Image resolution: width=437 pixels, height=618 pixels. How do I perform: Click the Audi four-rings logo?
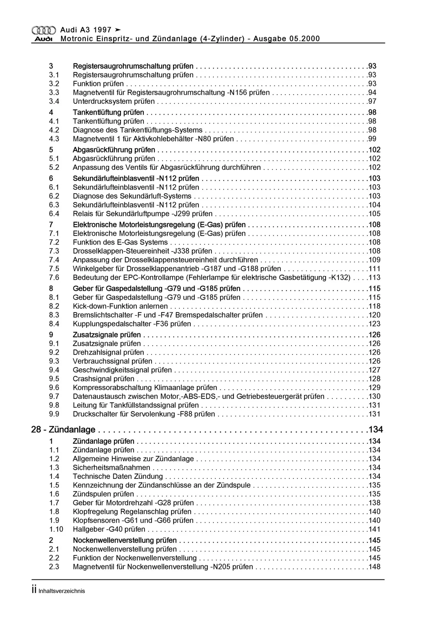tap(43, 30)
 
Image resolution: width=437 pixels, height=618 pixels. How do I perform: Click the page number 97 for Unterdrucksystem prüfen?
tap(372, 101)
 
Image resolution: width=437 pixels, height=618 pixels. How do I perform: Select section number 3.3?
tap(54, 93)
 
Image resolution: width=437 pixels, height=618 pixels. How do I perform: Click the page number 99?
tap(372, 139)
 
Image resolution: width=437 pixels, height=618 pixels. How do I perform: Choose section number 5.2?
tap(54, 168)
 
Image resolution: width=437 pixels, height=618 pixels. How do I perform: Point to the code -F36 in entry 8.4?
tap(161, 324)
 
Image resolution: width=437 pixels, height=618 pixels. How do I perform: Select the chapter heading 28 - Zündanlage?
tap(63, 430)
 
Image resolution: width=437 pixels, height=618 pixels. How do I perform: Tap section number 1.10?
tap(56, 529)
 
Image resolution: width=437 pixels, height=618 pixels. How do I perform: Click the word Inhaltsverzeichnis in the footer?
tap(62, 591)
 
